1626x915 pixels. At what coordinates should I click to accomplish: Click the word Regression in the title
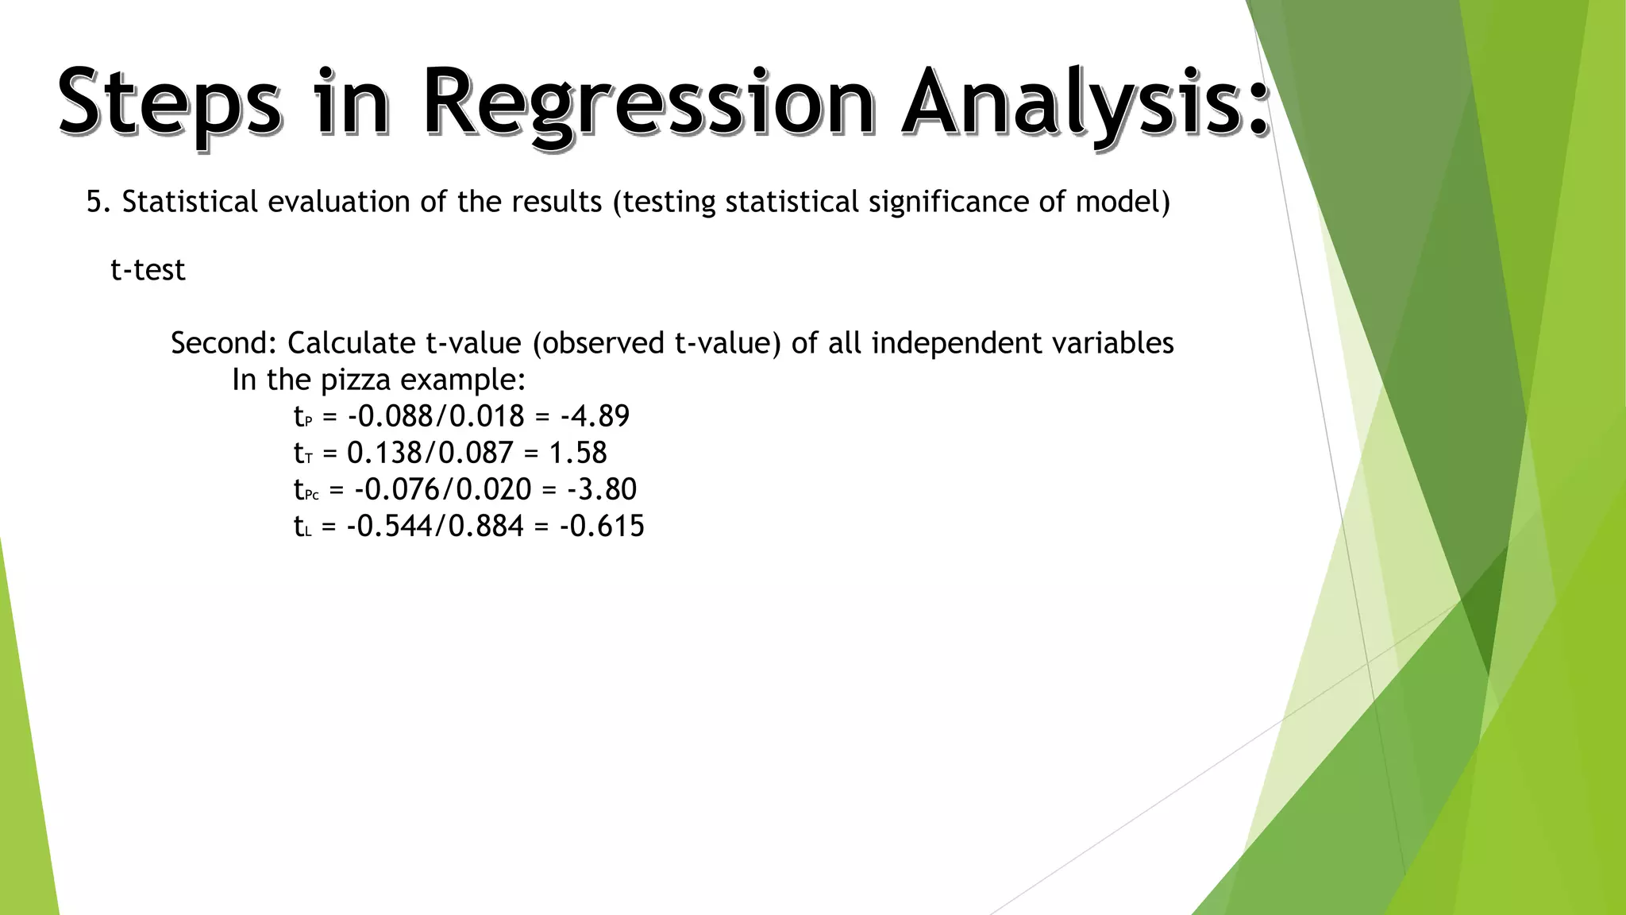pos(647,103)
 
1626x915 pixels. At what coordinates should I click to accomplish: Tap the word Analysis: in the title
pos(1084,103)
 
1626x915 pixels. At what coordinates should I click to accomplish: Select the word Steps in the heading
pos(169,103)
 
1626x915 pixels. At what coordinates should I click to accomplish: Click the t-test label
pos(148,270)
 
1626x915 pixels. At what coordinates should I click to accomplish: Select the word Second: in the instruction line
pos(224,343)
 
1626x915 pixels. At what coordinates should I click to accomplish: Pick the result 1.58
pos(578,453)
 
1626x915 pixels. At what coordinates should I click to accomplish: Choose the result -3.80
pos(602,489)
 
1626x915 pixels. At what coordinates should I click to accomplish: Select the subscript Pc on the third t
pos(312,496)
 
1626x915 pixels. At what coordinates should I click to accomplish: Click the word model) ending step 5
pos(1123,202)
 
